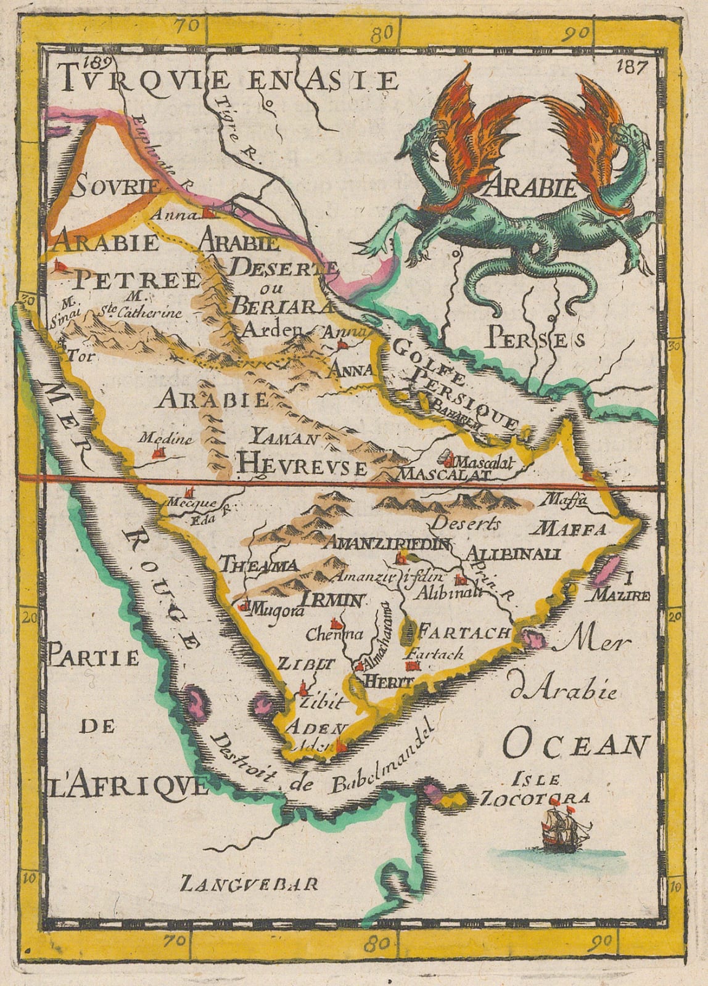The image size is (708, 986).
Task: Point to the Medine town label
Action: pyautogui.click(x=157, y=440)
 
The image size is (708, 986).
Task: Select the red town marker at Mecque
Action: pyautogui.click(x=189, y=493)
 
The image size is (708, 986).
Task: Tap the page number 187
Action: pyautogui.click(x=629, y=67)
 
